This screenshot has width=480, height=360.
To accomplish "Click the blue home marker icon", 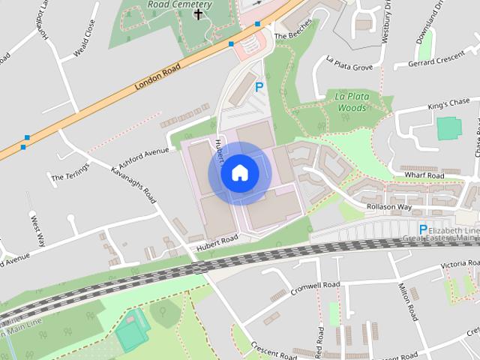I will (239, 173).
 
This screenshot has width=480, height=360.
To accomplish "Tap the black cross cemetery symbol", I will (199, 13).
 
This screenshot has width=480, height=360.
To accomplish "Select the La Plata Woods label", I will (351, 103).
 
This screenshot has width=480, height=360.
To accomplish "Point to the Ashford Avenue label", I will (144, 158).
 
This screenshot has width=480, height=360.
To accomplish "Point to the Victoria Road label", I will (459, 265).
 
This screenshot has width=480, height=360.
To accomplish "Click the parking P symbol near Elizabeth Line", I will (423, 229).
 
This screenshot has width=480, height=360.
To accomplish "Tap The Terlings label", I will (70, 178).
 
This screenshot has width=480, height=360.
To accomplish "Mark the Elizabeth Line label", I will (454, 231).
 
